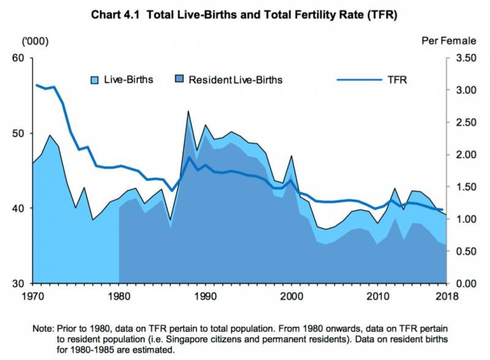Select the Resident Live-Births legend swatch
(181, 80)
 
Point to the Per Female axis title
(448, 41)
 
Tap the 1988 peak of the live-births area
(188, 111)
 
